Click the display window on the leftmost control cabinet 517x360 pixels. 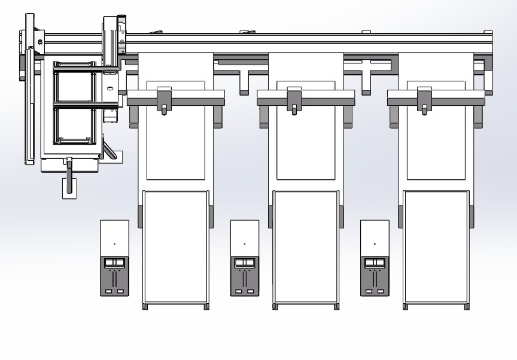coord(114,263)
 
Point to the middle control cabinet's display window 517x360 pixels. coord(244,263)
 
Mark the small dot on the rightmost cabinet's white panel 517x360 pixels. coord(375,244)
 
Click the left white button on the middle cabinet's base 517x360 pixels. coord(238,291)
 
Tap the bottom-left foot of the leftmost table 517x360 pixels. coord(145,307)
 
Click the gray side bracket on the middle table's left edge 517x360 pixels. coord(270,216)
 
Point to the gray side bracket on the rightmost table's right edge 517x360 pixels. coord(472,216)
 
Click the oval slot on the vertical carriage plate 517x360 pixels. coord(110,88)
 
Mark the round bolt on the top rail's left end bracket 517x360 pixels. coord(40,41)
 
